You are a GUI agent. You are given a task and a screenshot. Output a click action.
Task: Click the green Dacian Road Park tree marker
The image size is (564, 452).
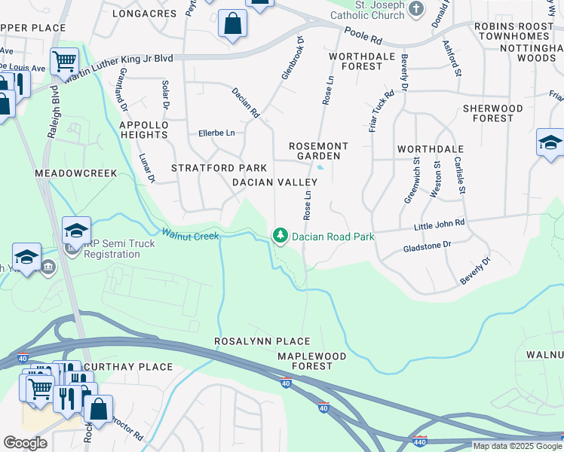tap(281, 236)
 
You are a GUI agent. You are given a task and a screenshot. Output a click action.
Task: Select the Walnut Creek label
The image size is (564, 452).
tap(185, 235)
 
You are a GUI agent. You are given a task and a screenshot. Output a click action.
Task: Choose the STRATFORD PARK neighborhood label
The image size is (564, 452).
tap(219, 167)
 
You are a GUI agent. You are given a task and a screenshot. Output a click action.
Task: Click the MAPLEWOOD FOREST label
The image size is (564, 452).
tap(305, 361)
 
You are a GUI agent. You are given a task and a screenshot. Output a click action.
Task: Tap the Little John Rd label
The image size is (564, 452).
tap(440, 224)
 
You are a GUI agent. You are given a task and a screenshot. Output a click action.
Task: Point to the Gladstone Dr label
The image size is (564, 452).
tap(427, 246)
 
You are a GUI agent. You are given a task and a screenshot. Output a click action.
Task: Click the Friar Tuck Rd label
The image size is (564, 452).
tap(382, 112)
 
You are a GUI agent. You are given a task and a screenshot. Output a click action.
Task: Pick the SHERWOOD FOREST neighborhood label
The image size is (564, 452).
tap(493, 113)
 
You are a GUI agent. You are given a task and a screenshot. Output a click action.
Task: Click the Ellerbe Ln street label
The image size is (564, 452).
tap(216, 133)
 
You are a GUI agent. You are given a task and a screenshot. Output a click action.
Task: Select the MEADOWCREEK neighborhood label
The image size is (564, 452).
tap(76, 173)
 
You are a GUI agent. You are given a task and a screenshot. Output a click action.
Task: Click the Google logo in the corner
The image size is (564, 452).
tap(25, 442)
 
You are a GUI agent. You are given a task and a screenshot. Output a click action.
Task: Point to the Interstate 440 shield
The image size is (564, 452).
tap(420, 441)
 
